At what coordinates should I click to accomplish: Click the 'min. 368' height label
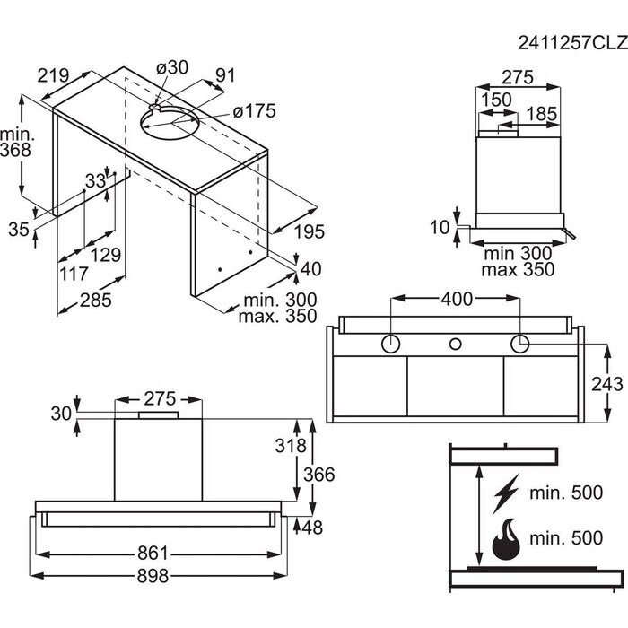click(x=16, y=142)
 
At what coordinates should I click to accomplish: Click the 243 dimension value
click(x=608, y=384)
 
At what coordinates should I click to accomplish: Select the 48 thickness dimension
click(x=312, y=528)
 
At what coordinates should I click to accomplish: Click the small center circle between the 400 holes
click(x=455, y=345)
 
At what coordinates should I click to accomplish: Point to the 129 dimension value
click(x=106, y=255)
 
